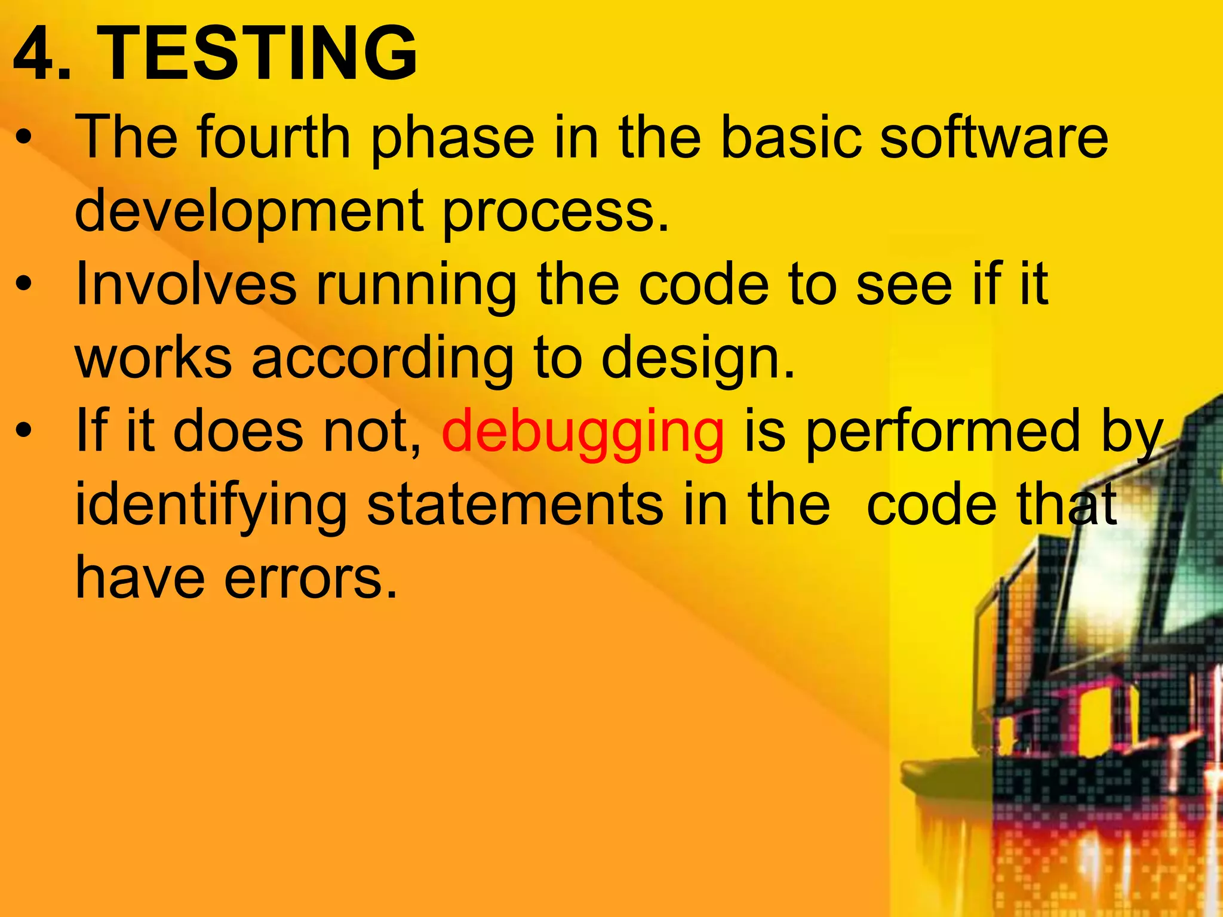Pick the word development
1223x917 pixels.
pyautogui.click(x=250, y=213)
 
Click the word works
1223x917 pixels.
pyautogui.click(x=153, y=358)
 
